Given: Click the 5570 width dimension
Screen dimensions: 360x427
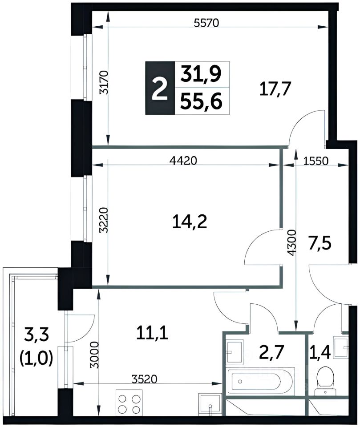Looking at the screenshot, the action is [206, 23].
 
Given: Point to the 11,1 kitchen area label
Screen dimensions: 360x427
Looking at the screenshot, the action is [152, 333].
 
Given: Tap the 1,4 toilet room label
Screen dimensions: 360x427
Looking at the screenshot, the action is [320, 352].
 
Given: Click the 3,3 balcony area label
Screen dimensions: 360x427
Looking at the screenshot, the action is [36, 335].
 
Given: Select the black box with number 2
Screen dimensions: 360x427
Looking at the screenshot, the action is [160, 88].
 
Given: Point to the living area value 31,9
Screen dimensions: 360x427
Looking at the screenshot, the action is [201, 74].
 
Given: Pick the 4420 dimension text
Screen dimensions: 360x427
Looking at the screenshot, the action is [183, 161].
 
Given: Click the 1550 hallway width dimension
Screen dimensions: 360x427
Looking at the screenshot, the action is [316, 161].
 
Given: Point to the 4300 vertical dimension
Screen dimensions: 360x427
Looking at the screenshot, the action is [291, 243].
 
